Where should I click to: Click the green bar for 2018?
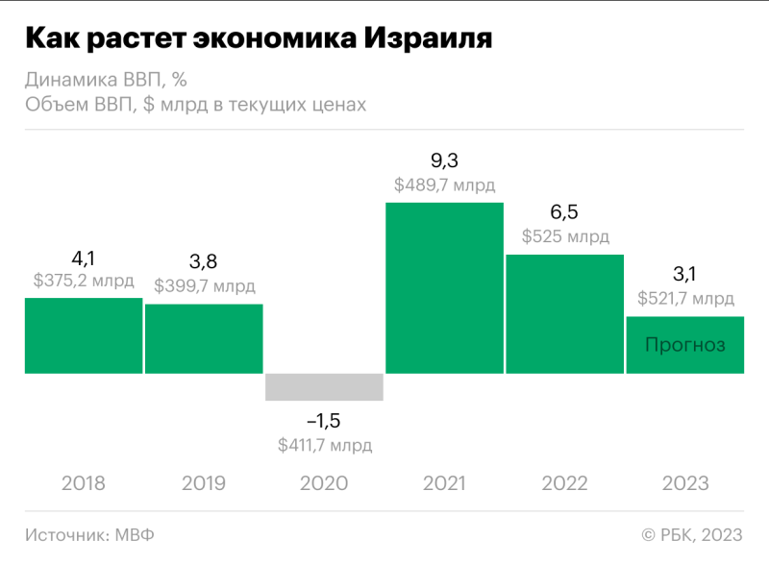pyautogui.click(x=84, y=335)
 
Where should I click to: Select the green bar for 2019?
pyautogui.click(x=204, y=338)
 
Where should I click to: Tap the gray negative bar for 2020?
pyautogui.click(x=324, y=386)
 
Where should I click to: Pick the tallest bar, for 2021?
pyautogui.click(x=444, y=287)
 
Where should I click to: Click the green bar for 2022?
pyautogui.click(x=564, y=313)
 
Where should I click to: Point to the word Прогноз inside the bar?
pyautogui.click(x=684, y=345)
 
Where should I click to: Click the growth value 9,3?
pyautogui.click(x=444, y=160)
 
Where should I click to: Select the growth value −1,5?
pyautogui.click(x=324, y=421)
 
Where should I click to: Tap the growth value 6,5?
pyautogui.click(x=564, y=212)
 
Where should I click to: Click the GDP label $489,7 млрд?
pyautogui.click(x=444, y=184)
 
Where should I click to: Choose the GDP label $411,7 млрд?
pyautogui.click(x=324, y=445)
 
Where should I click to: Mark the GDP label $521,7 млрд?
pyautogui.click(x=684, y=299)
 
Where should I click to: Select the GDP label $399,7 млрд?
pyautogui.click(x=204, y=286)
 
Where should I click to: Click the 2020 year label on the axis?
pyautogui.click(x=324, y=482)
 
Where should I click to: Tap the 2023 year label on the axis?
pyautogui.click(x=684, y=482)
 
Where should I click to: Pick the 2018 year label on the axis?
pyautogui.click(x=84, y=482)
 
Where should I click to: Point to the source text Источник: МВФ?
pyautogui.click(x=89, y=534)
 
